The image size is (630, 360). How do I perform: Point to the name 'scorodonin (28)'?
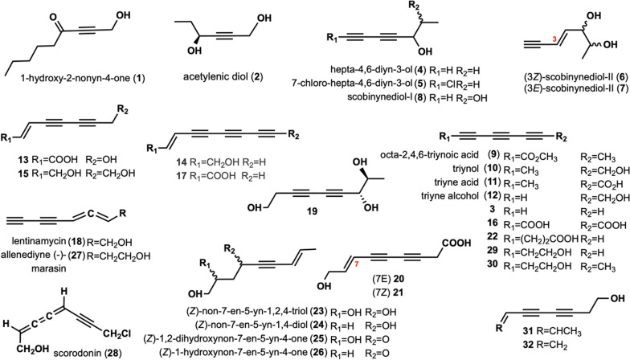tap(104, 351)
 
